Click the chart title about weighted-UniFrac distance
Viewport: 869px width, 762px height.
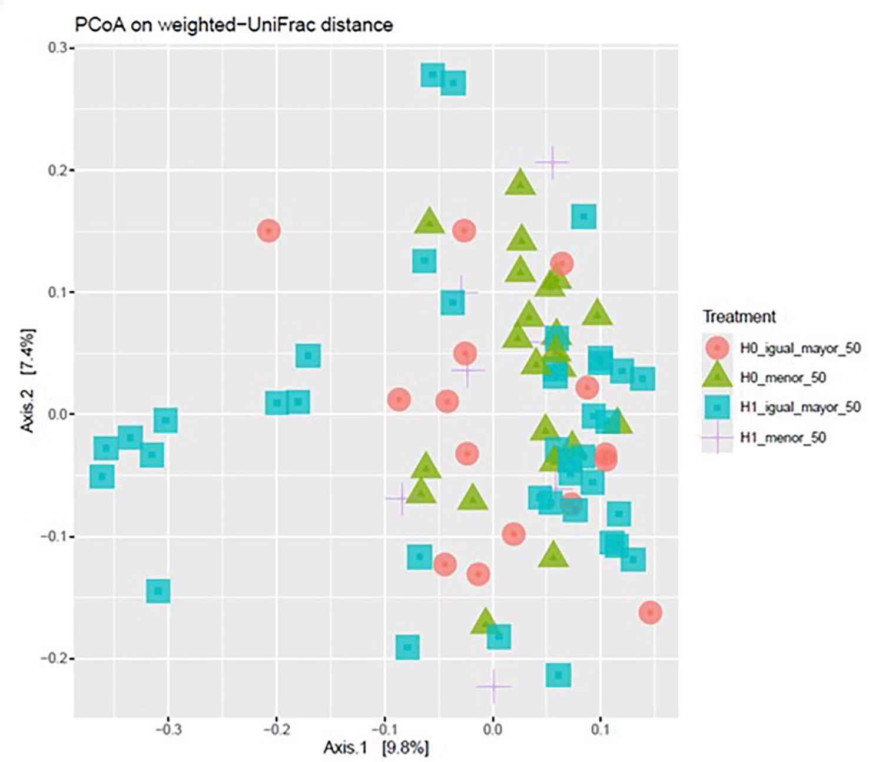tap(234, 25)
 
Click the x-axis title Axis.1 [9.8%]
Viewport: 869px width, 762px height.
tap(376, 748)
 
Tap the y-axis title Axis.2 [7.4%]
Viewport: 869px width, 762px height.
tap(28, 380)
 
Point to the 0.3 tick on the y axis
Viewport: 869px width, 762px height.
tap(57, 48)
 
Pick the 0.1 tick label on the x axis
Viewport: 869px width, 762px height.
tap(600, 730)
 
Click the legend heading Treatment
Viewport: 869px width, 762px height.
tap(739, 317)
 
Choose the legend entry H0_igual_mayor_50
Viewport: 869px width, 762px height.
tap(800, 348)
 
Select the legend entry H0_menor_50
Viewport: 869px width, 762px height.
tap(782, 378)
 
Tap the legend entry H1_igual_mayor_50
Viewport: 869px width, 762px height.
tap(800, 407)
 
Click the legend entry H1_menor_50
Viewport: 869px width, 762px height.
tap(782, 438)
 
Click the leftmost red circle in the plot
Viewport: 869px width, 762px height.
tap(269, 231)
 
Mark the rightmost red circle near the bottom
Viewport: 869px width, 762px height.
tap(650, 613)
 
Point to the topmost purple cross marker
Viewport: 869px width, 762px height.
tap(552, 162)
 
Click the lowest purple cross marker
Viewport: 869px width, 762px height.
tap(493, 687)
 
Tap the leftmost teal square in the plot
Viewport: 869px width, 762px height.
tap(102, 476)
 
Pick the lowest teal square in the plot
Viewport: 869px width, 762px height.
tap(558, 674)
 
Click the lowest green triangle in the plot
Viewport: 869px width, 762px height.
tap(485, 621)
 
